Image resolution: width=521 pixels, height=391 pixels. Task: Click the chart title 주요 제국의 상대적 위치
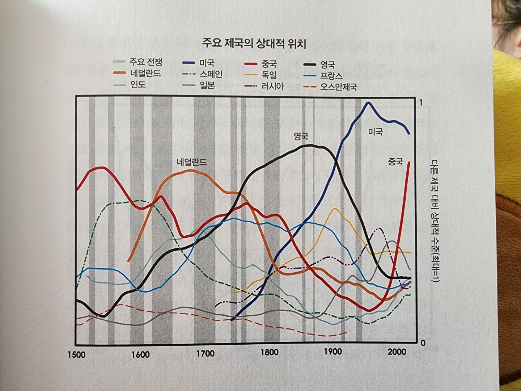(x=254, y=44)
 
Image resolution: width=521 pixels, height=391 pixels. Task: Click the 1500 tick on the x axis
(x=76, y=354)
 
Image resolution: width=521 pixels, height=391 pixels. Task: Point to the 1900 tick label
(x=332, y=352)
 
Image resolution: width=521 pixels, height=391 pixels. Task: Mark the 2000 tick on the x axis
(x=397, y=352)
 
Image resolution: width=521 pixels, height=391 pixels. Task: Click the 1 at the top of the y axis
(x=421, y=103)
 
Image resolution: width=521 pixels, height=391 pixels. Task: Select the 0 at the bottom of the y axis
(x=423, y=342)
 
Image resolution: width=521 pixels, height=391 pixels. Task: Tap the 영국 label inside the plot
(x=301, y=136)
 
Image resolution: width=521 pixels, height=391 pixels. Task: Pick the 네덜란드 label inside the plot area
(x=192, y=162)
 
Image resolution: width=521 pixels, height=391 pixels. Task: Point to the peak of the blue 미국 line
(x=368, y=103)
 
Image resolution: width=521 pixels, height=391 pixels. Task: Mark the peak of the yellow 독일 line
(x=334, y=209)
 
